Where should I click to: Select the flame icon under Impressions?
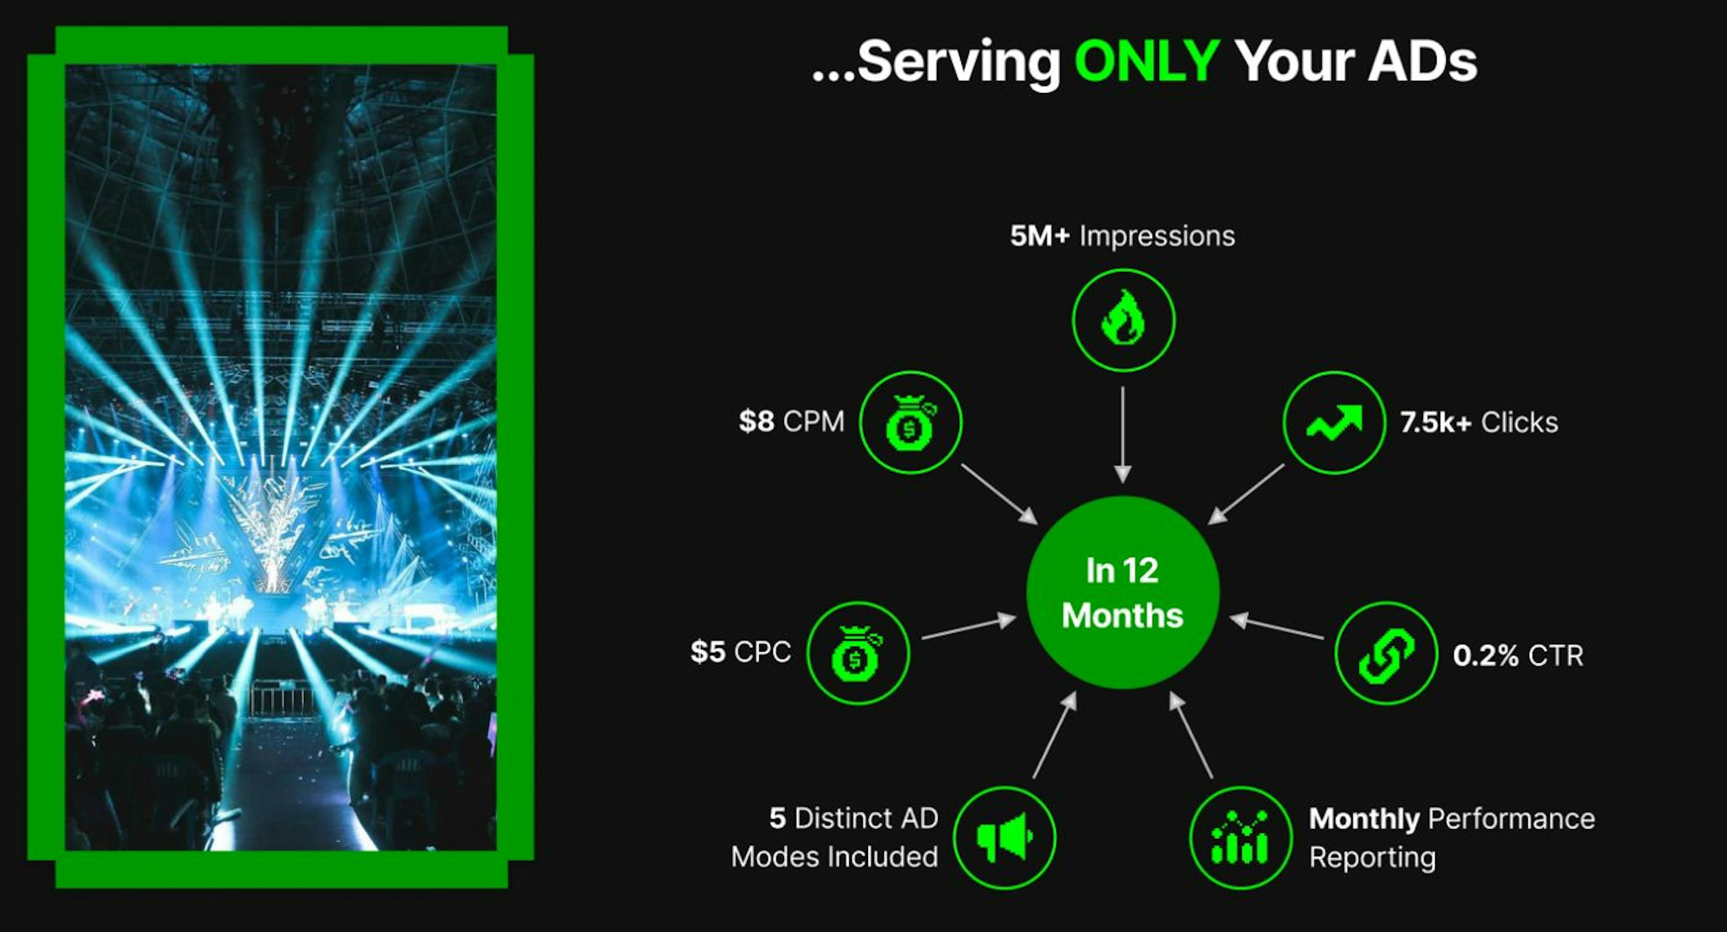coord(1123,320)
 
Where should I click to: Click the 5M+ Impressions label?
coord(1122,236)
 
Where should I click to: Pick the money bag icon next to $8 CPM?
coord(910,422)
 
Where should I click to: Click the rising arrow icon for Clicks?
coord(1334,422)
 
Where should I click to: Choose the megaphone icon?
coord(1004,838)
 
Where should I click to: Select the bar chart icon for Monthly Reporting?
coord(1240,838)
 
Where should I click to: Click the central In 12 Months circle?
coord(1122,592)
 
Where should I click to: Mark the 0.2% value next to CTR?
coord(1485,655)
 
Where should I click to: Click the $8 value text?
coord(756,422)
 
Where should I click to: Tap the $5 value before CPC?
coord(707,652)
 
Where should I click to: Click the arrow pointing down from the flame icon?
coord(1122,434)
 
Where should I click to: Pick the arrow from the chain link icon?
coord(1276,627)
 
